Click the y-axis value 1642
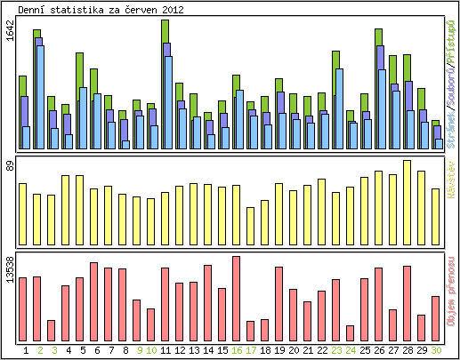click(x=9, y=31)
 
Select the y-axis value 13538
click(x=9, y=269)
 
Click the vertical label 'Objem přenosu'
click(x=452, y=298)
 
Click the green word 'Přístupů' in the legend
click(x=452, y=31)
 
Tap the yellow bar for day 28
click(x=407, y=203)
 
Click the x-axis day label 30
click(x=436, y=350)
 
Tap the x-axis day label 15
click(x=222, y=350)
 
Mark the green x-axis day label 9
click(x=137, y=350)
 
